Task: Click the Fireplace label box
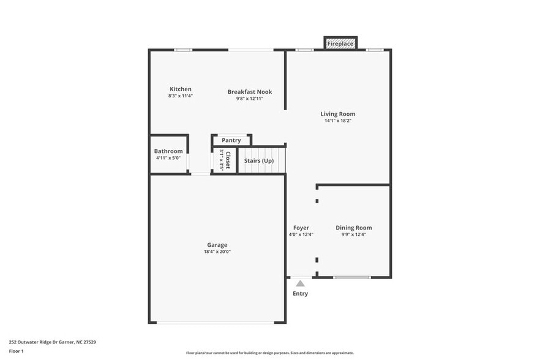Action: pyautogui.click(x=340, y=44)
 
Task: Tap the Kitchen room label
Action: pyautogui.click(x=181, y=89)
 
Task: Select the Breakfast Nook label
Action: pyautogui.click(x=250, y=92)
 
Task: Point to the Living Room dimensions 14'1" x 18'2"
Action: pyautogui.click(x=338, y=121)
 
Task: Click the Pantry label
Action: pyautogui.click(x=231, y=140)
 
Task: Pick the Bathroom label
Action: pyautogui.click(x=168, y=151)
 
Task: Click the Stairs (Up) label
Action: pyautogui.click(x=259, y=160)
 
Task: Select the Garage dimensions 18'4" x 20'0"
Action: pyautogui.click(x=217, y=251)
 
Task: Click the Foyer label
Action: pyautogui.click(x=301, y=228)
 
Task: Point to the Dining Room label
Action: pyautogui.click(x=354, y=228)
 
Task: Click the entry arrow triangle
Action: pyautogui.click(x=300, y=283)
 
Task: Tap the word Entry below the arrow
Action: pyautogui.click(x=300, y=294)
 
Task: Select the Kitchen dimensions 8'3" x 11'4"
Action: pyautogui.click(x=181, y=96)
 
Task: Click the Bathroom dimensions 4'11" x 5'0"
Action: pyautogui.click(x=168, y=158)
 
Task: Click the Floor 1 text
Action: pyautogui.click(x=16, y=351)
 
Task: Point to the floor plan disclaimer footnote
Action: pyautogui.click(x=270, y=353)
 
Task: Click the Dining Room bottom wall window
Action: pyautogui.click(x=352, y=277)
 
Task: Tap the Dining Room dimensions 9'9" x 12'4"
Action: pyautogui.click(x=353, y=234)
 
